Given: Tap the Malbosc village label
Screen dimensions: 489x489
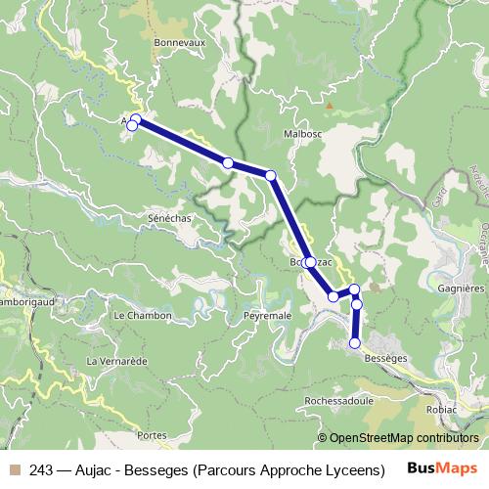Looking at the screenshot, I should pos(302,133).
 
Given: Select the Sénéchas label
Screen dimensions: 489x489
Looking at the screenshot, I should pos(169,218).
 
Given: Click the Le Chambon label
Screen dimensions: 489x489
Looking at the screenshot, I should pos(143,316).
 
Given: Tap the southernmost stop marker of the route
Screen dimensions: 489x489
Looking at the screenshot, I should pos(355,343).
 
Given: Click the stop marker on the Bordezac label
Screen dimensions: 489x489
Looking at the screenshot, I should pos(310,262).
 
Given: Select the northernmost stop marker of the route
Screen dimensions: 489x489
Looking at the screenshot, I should pos(137,119).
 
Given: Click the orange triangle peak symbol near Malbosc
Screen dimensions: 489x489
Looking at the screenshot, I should pos(330,105).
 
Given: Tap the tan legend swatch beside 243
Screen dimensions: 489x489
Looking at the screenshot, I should pos(14,467).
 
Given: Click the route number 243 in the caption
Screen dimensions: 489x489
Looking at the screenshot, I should pos(42,467).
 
